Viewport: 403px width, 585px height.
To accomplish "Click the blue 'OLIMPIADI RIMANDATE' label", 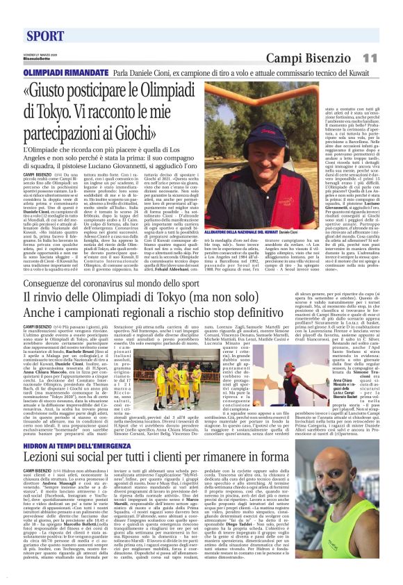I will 59,72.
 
